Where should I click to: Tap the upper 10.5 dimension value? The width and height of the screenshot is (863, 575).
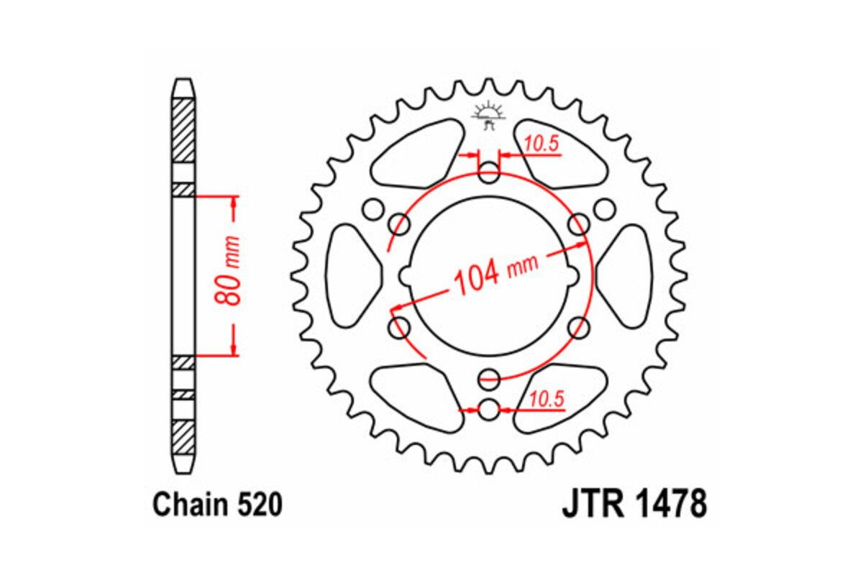click(x=541, y=144)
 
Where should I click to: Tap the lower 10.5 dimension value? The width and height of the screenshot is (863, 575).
click(x=547, y=398)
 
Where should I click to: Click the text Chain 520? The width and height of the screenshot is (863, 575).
click(x=216, y=506)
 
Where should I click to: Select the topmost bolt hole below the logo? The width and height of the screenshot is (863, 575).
click(x=489, y=172)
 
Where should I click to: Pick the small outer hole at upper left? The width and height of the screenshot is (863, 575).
click(x=372, y=209)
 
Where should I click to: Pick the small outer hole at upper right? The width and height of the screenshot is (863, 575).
click(x=606, y=209)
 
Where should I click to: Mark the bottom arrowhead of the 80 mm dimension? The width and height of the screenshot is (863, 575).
click(x=232, y=349)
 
